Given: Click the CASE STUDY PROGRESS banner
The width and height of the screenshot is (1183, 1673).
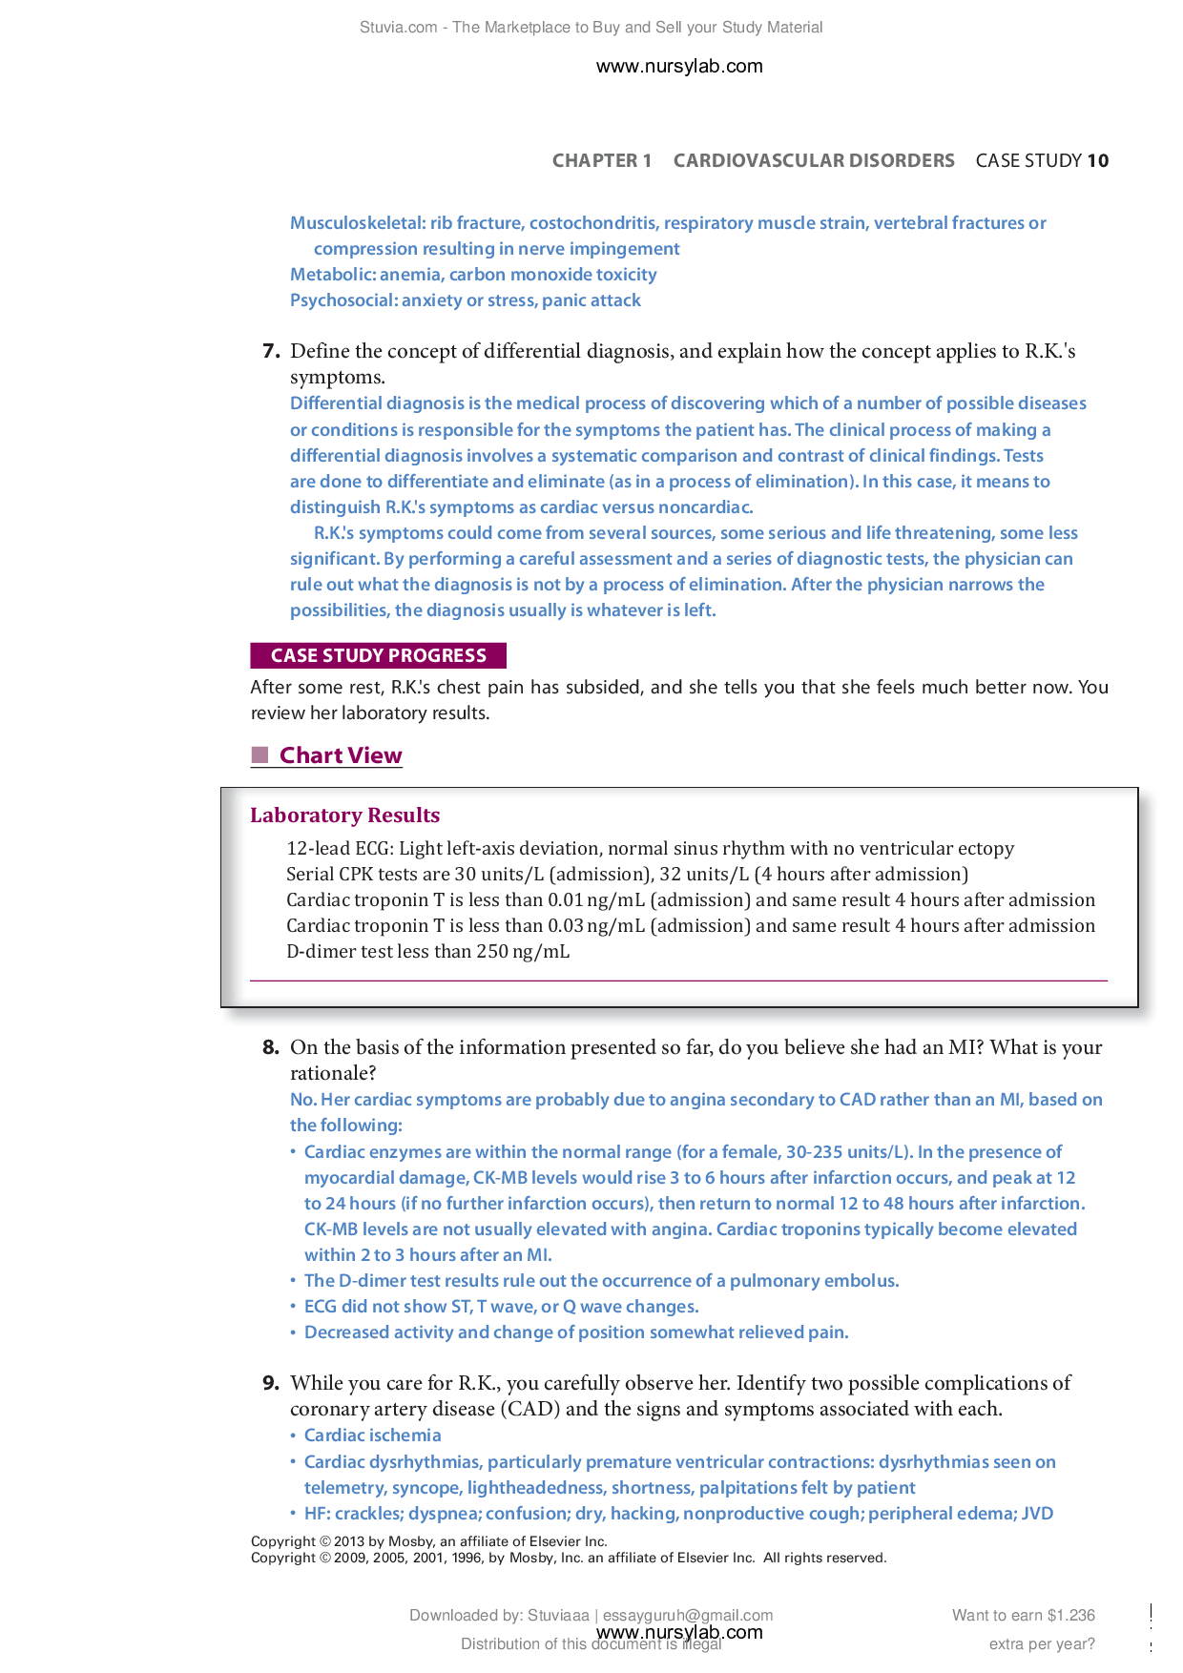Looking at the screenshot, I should [378, 655].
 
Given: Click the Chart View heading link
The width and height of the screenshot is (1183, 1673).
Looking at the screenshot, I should [341, 755].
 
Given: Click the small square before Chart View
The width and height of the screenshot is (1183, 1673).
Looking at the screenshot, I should [259, 755].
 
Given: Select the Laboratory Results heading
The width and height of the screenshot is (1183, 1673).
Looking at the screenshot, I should [344, 816].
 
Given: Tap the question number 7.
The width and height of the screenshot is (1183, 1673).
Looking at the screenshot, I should [271, 351].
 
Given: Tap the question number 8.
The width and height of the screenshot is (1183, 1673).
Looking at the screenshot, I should [271, 1047].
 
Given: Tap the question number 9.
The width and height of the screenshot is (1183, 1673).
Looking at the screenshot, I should [271, 1383].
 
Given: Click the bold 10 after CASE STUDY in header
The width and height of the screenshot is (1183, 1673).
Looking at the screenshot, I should [1098, 160].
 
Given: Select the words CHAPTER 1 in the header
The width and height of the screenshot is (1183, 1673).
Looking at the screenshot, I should [601, 160].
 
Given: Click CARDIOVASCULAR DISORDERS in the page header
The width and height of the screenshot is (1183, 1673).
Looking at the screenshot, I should [813, 160].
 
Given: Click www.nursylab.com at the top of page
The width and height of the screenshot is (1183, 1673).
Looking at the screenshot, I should [679, 66].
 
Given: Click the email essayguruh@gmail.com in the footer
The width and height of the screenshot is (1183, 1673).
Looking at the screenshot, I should [687, 1615].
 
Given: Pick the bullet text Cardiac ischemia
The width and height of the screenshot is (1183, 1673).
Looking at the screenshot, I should [372, 1435].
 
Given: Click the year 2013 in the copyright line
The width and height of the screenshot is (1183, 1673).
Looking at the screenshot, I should [349, 1541].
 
